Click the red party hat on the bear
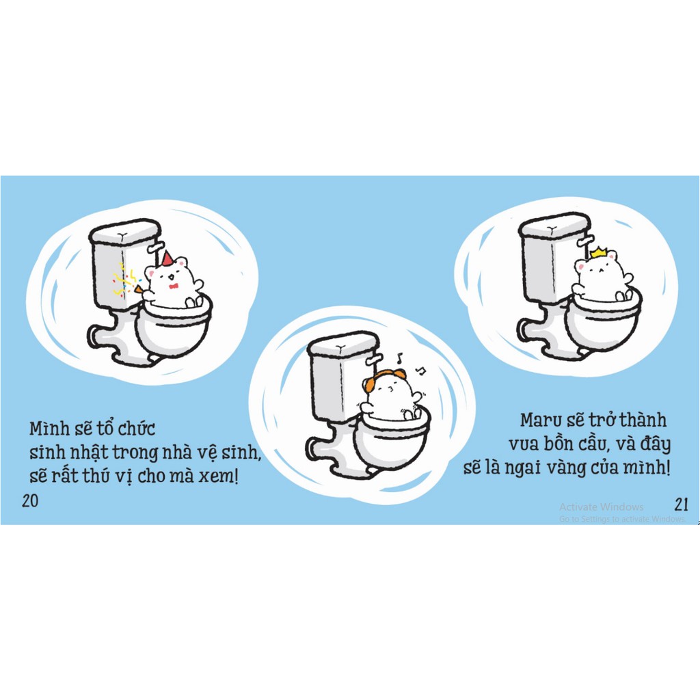(167, 258)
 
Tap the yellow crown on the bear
(599, 253)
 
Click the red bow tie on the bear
(173, 286)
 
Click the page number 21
(681, 504)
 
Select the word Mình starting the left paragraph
(49, 429)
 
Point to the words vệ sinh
(230, 453)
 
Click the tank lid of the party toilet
(124, 231)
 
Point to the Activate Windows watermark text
(601, 507)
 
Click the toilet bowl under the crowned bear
(602, 321)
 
